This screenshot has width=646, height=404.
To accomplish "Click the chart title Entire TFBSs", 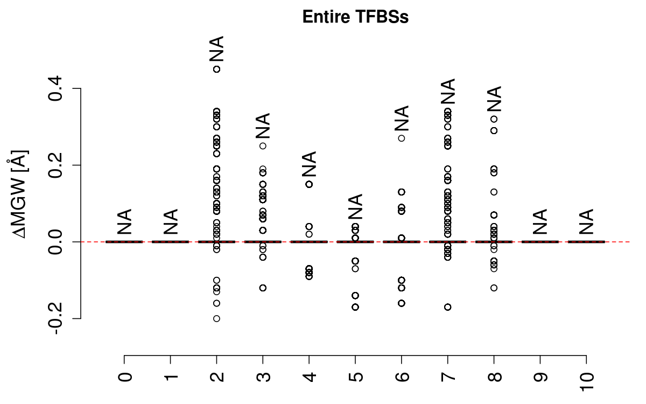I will (x=356, y=17).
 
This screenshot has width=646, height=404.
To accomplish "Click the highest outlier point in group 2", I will (x=216, y=69).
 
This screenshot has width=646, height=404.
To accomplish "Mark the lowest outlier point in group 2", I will (x=216, y=318).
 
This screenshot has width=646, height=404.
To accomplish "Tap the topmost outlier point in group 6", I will (x=401, y=138).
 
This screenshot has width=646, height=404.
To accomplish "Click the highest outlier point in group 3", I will (x=263, y=145).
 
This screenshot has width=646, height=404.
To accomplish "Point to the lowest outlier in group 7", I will (x=447, y=307).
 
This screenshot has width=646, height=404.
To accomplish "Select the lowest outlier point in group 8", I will (x=494, y=288).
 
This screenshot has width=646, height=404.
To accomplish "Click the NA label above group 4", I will (x=309, y=164).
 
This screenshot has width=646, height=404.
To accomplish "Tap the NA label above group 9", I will (x=540, y=221).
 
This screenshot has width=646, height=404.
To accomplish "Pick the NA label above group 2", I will (x=216, y=49).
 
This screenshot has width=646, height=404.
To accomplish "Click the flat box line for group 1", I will (x=171, y=242).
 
